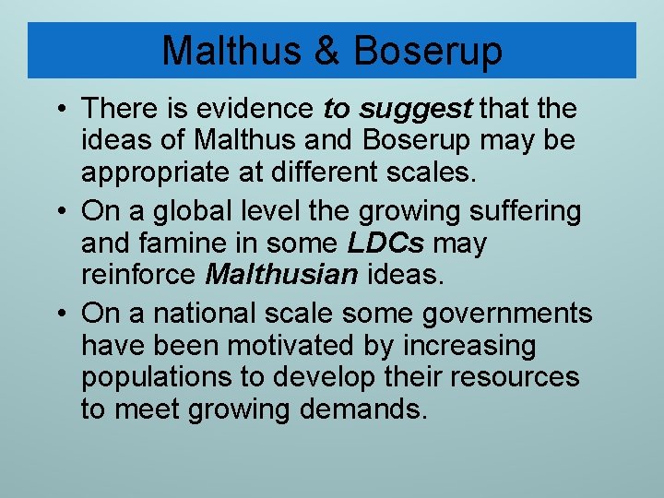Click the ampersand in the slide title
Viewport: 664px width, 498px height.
327,51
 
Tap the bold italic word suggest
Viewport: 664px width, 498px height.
415,109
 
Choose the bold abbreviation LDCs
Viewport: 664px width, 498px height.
385,244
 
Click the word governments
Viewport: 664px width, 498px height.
507,314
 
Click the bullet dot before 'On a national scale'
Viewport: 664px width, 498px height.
60,314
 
